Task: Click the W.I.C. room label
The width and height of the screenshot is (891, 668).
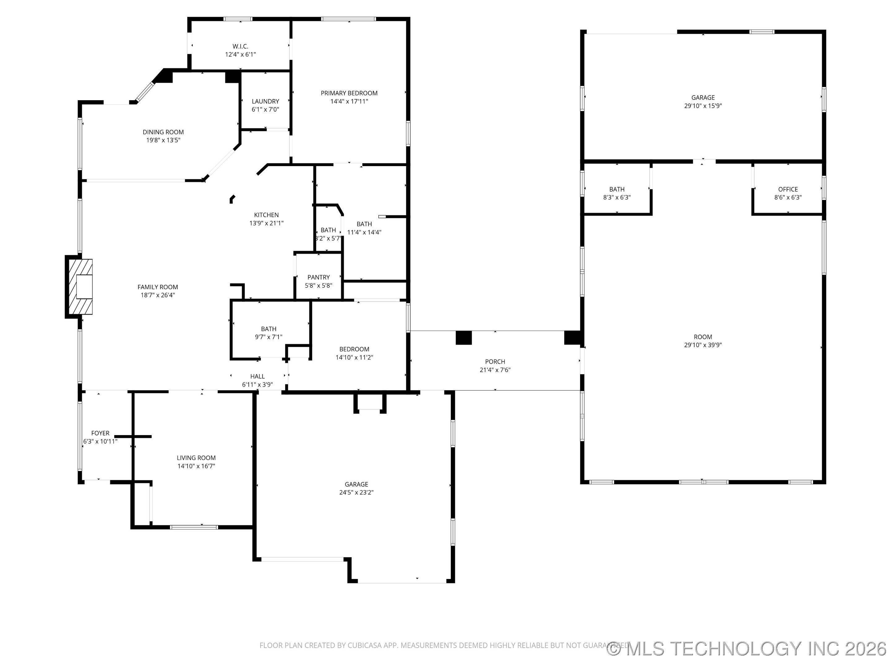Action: [x=240, y=46]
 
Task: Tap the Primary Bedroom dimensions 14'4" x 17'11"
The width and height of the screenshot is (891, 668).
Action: [x=349, y=101]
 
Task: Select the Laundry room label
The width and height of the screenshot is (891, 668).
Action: [x=265, y=101]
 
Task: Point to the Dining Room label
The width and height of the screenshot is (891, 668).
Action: [x=163, y=132]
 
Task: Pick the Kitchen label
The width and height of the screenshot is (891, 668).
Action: [x=266, y=215]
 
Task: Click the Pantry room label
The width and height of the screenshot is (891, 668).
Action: [x=318, y=277]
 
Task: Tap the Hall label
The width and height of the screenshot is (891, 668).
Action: [x=257, y=376]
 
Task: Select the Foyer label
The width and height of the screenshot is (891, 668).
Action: [x=100, y=433]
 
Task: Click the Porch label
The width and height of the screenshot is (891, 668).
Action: [x=495, y=362]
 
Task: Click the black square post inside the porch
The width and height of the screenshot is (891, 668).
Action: [x=463, y=337]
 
